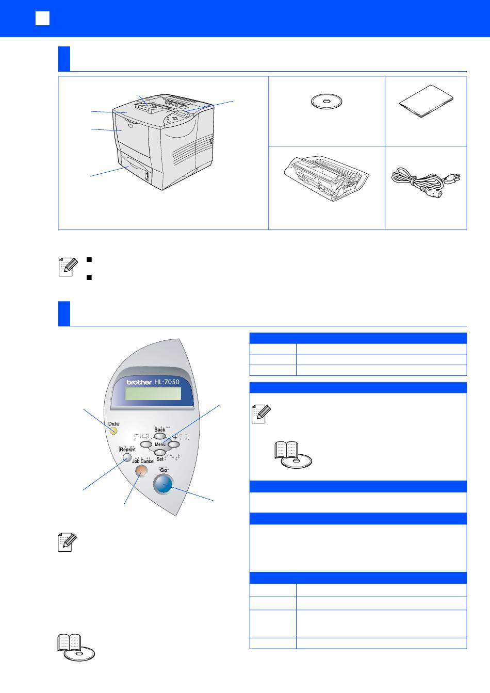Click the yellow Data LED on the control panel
(113, 431)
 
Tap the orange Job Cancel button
(141, 471)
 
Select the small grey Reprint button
(127, 457)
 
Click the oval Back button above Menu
(160, 436)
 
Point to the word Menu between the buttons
(160, 444)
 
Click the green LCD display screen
(153, 393)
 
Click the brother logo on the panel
(139, 382)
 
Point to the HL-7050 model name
(167, 382)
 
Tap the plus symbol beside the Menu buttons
(175, 437)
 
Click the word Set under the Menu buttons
(160, 459)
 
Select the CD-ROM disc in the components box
(326, 102)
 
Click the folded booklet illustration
(426, 101)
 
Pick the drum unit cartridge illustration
(326, 178)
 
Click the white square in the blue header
(42, 18)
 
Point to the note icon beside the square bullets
(68, 267)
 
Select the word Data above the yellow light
(113, 423)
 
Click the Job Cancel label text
(143, 461)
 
